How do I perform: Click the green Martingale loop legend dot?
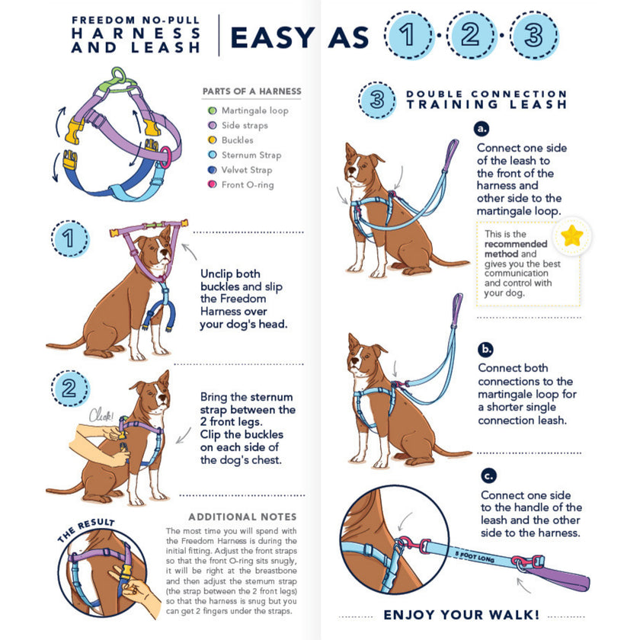pos(213,110)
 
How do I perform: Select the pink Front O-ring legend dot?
pos(213,184)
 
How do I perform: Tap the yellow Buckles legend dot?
pos(213,140)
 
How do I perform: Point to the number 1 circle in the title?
pos(410,36)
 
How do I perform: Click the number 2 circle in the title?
pos(471,36)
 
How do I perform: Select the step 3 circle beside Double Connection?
pos(376,99)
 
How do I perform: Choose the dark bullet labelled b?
pos(486,350)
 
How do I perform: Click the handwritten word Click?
pos(101,416)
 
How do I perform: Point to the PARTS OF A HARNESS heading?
pos(251,91)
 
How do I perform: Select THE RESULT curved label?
pos(85,530)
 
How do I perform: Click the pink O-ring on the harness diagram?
pos(165,157)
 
